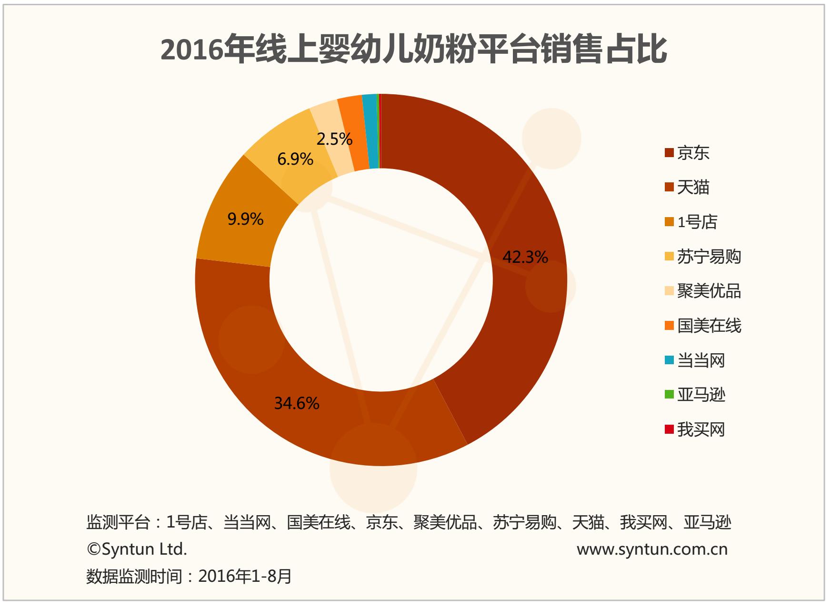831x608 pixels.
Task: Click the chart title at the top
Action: pos(414,50)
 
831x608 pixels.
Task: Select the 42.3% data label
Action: pos(525,257)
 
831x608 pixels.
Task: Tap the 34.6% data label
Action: pos(297,403)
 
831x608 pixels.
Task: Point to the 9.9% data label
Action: pos(245,219)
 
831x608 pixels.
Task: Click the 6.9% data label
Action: pos(295,159)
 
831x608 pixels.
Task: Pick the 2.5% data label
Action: pos(334,139)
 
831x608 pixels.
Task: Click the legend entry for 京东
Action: pos(693,153)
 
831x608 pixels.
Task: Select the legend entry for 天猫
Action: pos(693,188)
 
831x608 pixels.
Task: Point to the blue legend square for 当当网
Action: pos(670,360)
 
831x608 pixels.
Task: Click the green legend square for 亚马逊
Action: pos(670,395)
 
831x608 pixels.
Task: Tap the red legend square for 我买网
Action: pos(670,429)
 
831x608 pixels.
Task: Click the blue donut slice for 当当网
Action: pos(370,131)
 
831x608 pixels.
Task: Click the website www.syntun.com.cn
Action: pos(652,549)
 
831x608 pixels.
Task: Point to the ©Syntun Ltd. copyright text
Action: pos(137,549)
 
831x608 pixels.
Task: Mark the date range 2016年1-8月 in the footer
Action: pos(245,577)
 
